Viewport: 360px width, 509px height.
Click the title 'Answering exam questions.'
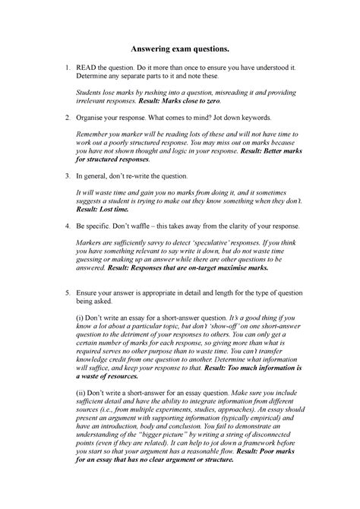point(179,49)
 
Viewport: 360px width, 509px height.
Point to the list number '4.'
point(68,226)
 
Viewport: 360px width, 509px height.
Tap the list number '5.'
point(68,290)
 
